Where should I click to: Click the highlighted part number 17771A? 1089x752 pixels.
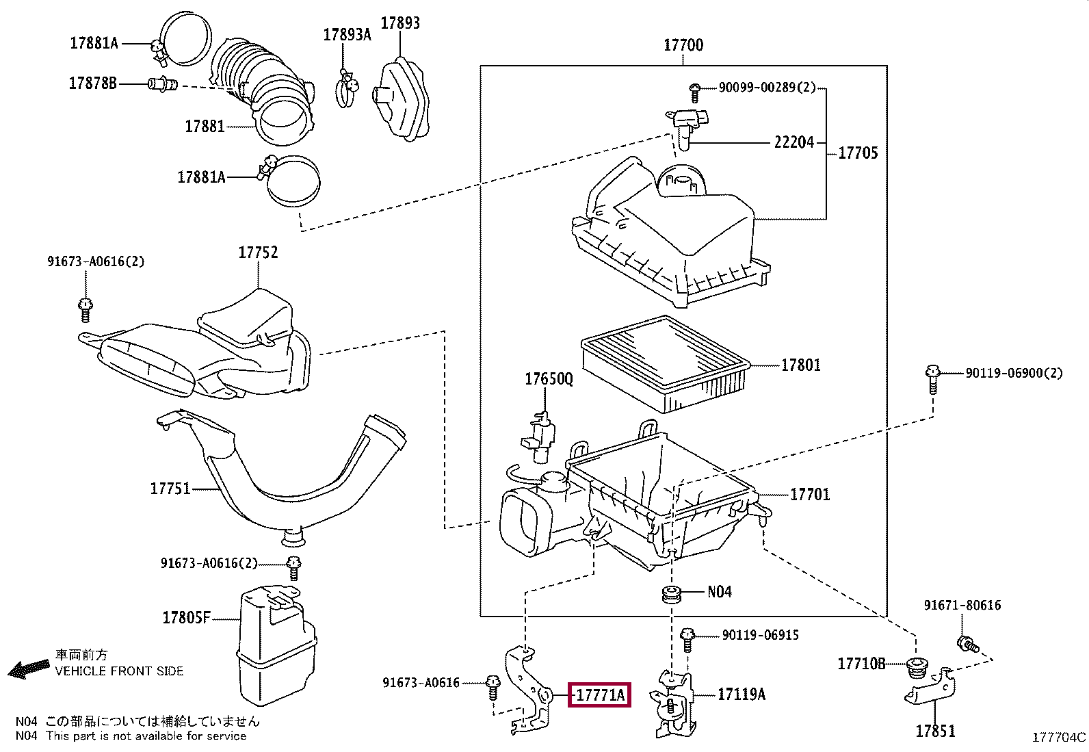[599, 695]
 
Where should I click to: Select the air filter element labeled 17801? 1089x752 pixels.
[666, 364]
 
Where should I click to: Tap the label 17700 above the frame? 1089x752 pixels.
[683, 45]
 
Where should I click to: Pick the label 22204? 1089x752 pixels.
[794, 142]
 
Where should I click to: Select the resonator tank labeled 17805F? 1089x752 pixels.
[276, 645]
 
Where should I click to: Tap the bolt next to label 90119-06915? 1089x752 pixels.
[687, 639]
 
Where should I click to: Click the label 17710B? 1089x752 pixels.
[861, 664]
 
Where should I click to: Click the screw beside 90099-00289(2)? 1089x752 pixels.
[695, 93]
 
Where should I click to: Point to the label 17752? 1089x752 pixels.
[258, 252]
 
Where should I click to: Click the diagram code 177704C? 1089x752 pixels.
[1059, 738]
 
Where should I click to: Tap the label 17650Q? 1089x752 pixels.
[549, 379]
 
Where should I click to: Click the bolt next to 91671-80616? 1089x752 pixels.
[968, 644]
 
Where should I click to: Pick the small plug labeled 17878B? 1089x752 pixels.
[162, 84]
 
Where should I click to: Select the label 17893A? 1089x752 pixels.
[347, 34]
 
